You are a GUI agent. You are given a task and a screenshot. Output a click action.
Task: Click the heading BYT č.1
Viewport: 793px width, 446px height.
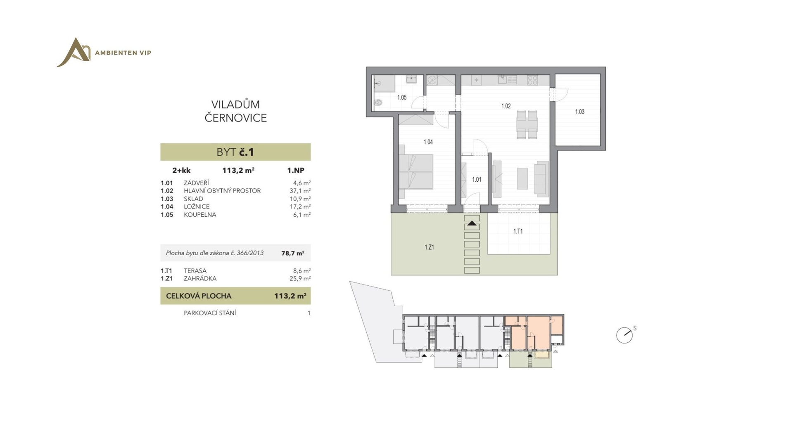pyautogui.click(x=235, y=152)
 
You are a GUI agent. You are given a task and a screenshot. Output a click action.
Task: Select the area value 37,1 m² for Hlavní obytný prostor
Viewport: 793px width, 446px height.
pyautogui.click(x=300, y=191)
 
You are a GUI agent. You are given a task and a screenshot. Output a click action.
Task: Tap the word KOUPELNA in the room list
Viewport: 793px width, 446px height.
pyautogui.click(x=200, y=215)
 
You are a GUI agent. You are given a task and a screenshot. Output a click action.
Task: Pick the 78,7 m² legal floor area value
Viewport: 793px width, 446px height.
pyautogui.click(x=293, y=253)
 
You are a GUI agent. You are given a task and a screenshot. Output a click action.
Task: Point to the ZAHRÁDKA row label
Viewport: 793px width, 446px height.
pyautogui.click(x=200, y=279)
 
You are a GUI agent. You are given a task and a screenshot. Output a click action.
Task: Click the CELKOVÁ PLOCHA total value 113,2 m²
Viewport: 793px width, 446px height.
pyautogui.click(x=290, y=296)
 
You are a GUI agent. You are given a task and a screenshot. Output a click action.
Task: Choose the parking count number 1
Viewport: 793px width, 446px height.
pyautogui.click(x=309, y=313)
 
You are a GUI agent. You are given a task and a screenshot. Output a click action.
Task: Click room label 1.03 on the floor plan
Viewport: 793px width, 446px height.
pyautogui.click(x=579, y=112)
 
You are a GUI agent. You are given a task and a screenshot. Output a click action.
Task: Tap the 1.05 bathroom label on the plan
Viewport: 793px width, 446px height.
pyautogui.click(x=401, y=98)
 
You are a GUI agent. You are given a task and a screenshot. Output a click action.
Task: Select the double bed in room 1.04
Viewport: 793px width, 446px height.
pyautogui.click(x=416, y=172)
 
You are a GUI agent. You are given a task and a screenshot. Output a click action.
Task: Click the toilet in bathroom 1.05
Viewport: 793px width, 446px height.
pyautogui.click(x=378, y=103)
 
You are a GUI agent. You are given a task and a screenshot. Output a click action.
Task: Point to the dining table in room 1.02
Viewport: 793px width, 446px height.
pyautogui.click(x=527, y=124)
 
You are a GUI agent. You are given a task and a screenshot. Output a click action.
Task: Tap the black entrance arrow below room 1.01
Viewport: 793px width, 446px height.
pyautogui.click(x=472, y=223)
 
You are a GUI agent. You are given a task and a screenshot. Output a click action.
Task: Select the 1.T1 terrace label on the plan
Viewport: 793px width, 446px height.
pyautogui.click(x=518, y=231)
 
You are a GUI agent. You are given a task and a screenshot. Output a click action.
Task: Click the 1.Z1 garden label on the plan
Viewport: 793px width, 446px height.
pyautogui.click(x=429, y=247)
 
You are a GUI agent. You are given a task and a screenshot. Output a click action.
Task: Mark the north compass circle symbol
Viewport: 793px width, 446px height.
pyautogui.click(x=624, y=335)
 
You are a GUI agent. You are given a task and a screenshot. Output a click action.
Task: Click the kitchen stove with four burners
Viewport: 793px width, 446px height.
pyautogui.click(x=532, y=80)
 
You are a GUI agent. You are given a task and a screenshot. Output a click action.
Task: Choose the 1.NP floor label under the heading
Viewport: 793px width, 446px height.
pyautogui.click(x=296, y=170)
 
